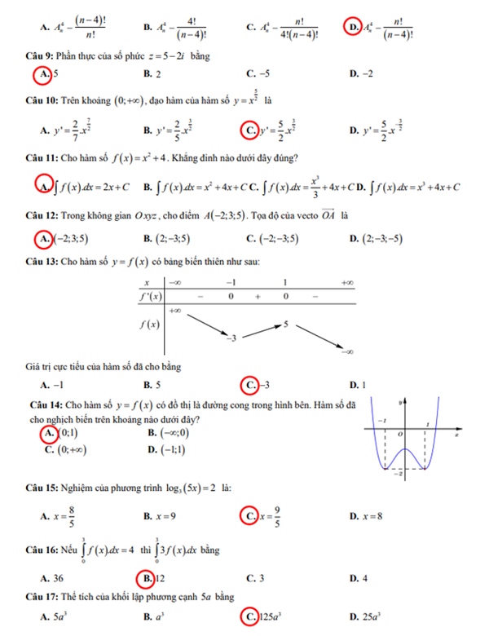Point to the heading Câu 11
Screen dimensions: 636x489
[42, 157]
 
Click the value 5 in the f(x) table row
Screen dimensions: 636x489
[286, 324]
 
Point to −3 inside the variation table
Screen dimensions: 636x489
[231, 337]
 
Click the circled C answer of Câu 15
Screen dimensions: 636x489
[249, 515]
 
